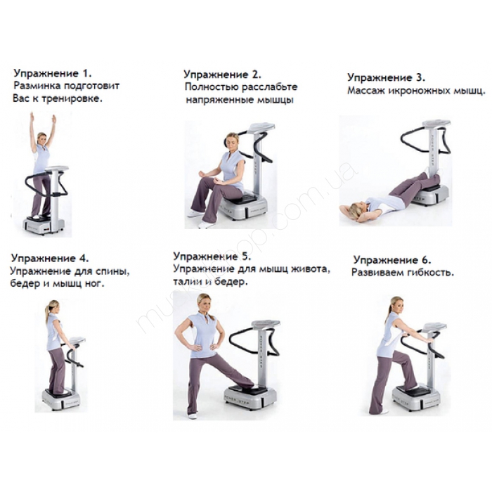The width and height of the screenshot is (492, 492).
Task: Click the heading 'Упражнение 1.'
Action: coord(53,73)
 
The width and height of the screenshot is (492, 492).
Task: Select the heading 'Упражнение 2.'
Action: coord(223,75)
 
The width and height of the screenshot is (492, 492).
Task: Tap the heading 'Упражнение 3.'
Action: coord(387,77)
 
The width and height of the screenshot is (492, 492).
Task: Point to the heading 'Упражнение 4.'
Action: coord(50,259)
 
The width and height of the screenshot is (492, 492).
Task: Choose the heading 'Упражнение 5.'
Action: coord(212,257)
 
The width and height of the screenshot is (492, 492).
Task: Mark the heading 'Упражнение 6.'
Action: coord(392,260)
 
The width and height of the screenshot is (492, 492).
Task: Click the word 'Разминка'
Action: coord(37,86)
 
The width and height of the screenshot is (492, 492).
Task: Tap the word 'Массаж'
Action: coord(365,91)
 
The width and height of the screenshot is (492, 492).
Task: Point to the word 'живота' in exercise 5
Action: coord(311,269)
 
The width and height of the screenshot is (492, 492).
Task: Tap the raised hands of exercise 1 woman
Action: coord(43,119)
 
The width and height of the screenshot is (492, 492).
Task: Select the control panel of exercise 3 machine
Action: coord(436,123)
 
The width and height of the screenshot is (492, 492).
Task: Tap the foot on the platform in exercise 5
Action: coord(246,384)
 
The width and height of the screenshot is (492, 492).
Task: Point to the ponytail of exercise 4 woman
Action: coord(48,311)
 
